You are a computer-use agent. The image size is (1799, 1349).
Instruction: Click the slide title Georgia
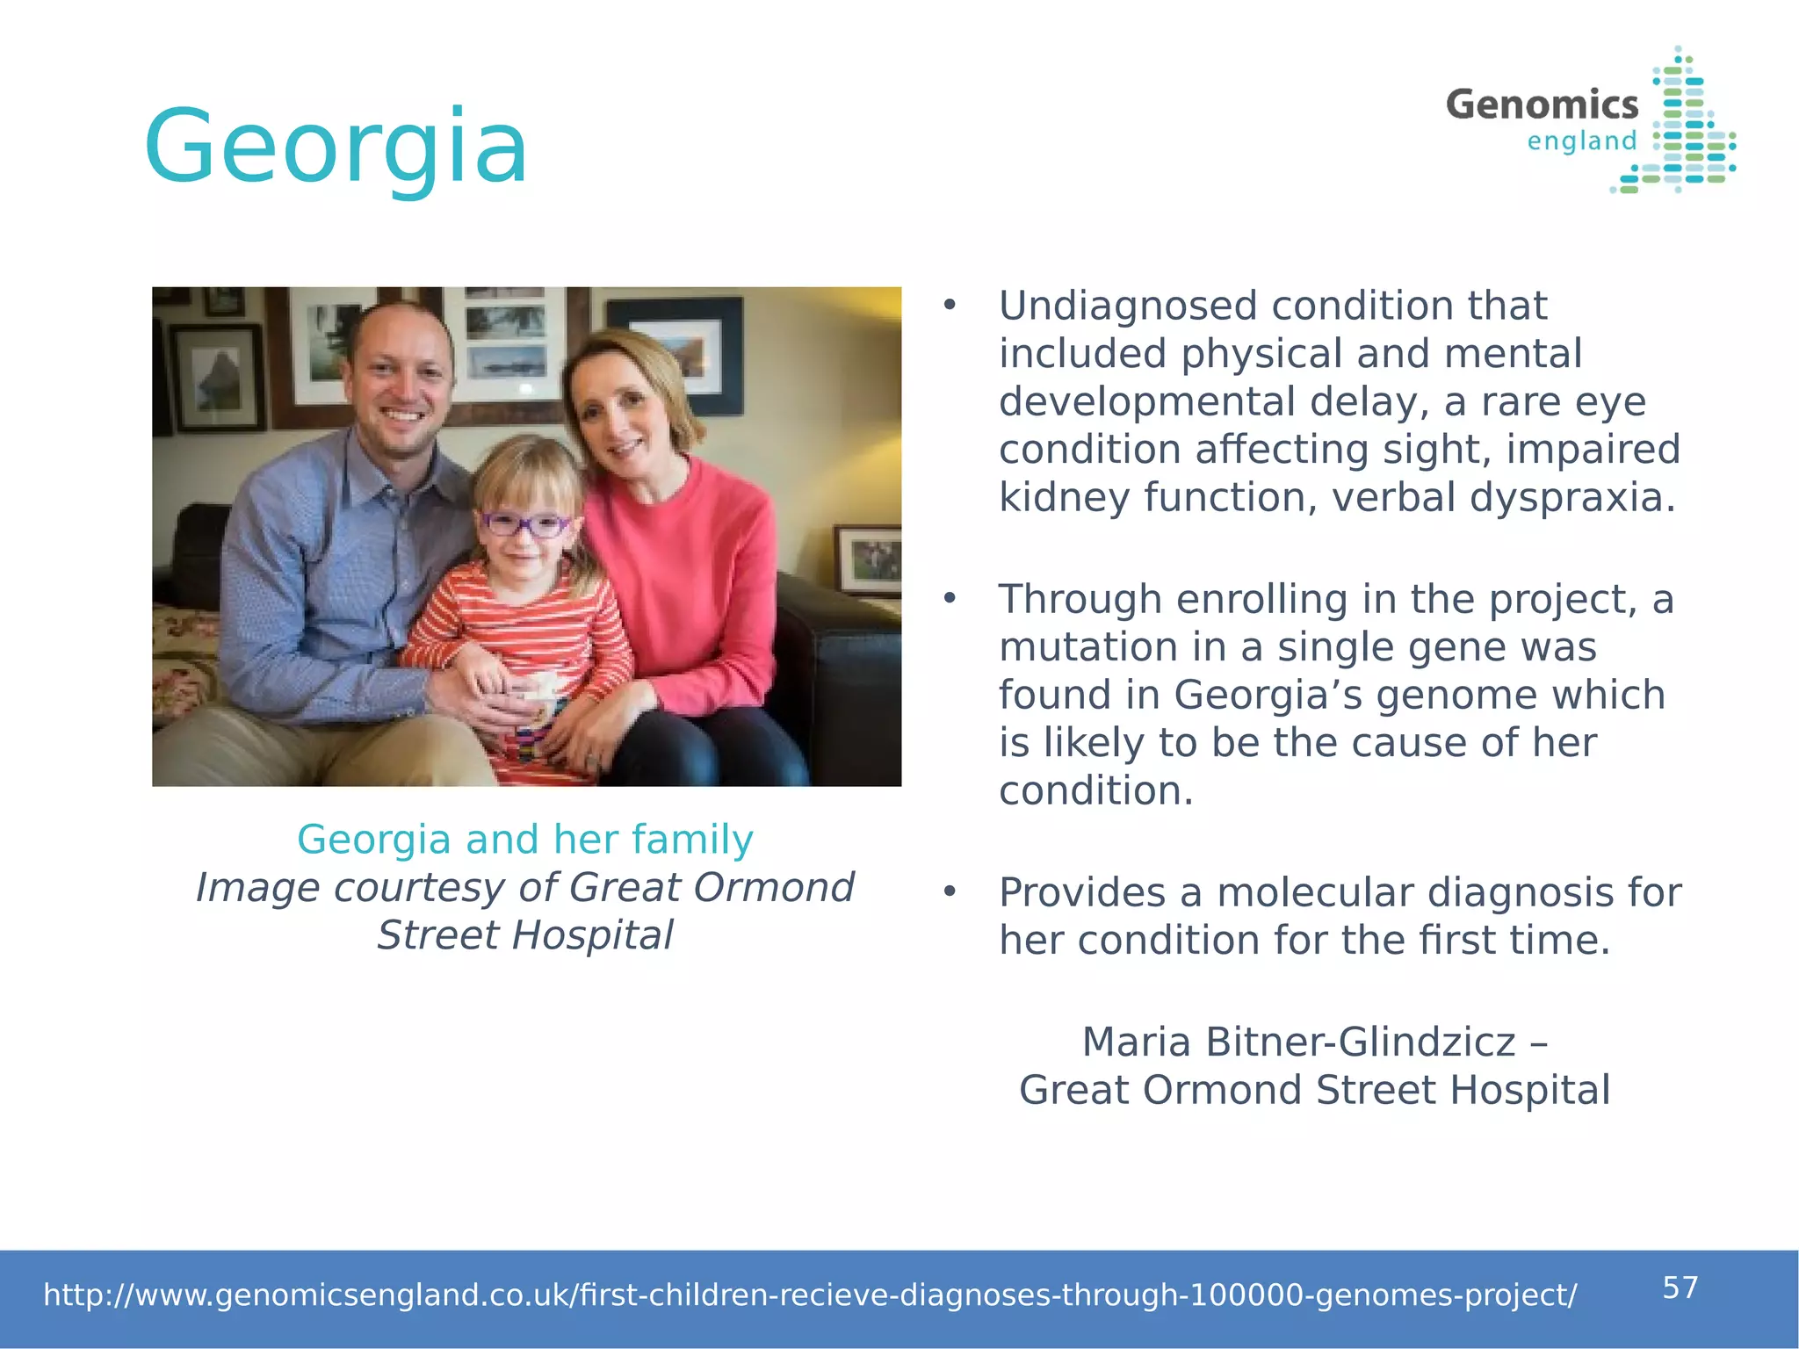click(x=336, y=147)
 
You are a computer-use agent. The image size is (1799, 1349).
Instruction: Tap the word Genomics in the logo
click(x=1542, y=105)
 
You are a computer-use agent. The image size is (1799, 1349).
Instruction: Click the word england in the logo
click(x=1582, y=141)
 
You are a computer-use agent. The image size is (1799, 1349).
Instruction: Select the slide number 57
click(x=1680, y=1288)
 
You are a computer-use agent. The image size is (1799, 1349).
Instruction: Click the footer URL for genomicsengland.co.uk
click(x=809, y=1295)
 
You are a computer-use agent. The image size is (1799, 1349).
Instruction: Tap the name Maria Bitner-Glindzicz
click(x=1298, y=1042)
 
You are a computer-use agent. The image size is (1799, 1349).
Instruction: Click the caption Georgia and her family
click(x=525, y=840)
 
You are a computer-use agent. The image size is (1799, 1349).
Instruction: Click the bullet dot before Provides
click(x=949, y=892)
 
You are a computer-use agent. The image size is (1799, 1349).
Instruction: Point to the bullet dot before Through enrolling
click(x=949, y=599)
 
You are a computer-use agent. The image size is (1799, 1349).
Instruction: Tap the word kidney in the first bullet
click(x=1065, y=497)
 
